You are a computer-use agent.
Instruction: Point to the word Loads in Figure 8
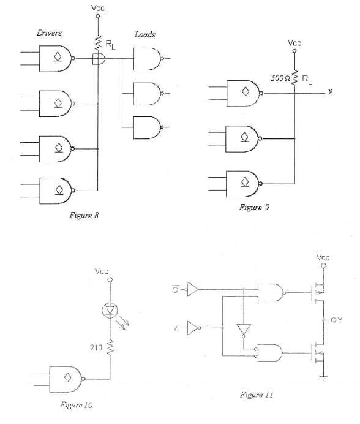point(146,36)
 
